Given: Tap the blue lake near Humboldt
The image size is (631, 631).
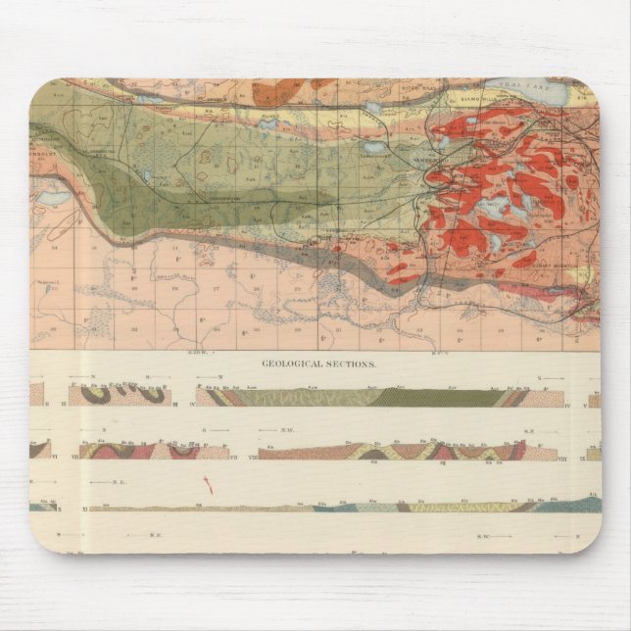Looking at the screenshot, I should click(51, 197).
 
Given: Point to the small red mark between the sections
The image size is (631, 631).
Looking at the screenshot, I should click(206, 483).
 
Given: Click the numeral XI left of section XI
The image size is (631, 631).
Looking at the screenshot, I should click(86, 508).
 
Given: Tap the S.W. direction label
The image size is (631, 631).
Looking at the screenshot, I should click(483, 534).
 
